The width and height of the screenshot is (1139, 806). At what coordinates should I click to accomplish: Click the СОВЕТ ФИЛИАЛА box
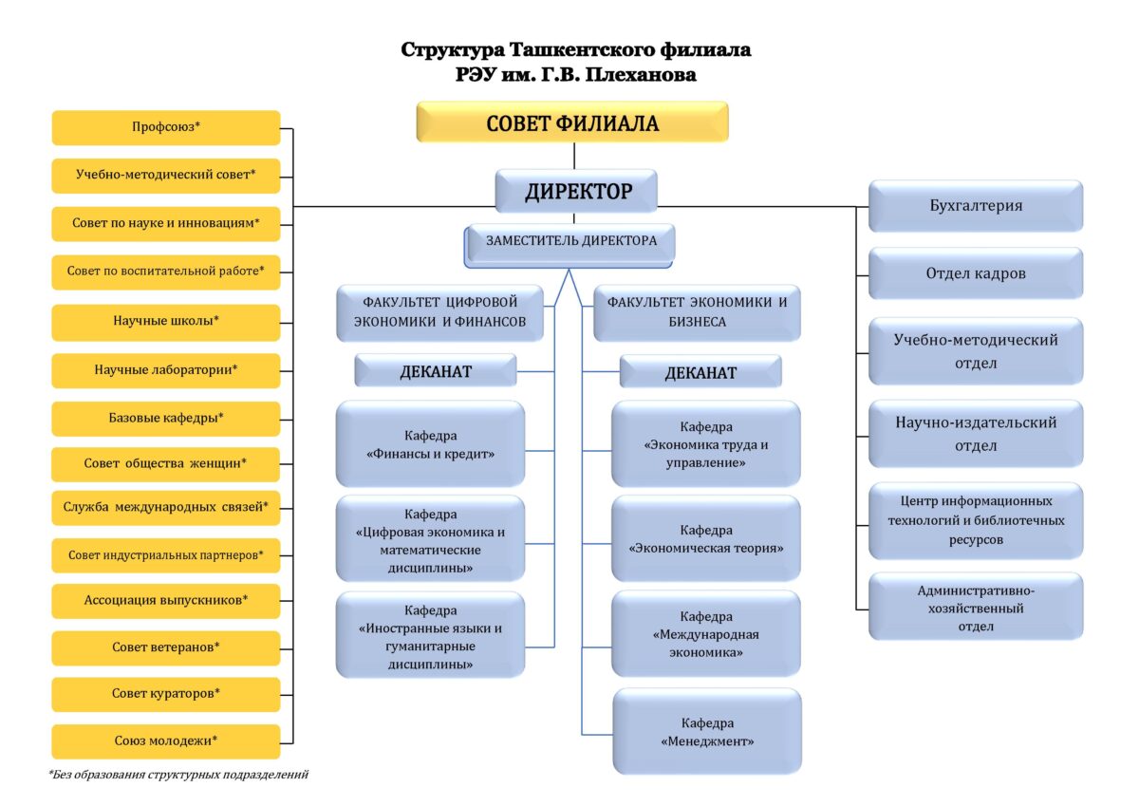[572, 122]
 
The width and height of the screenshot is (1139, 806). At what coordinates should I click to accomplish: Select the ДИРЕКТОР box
[577, 192]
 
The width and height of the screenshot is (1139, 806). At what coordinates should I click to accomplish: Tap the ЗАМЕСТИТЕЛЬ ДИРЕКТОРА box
[570, 242]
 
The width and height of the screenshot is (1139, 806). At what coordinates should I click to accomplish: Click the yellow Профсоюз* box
[166, 127]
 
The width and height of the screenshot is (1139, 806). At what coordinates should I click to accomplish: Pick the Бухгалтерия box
[976, 205]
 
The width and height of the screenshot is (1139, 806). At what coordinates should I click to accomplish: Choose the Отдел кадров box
[976, 273]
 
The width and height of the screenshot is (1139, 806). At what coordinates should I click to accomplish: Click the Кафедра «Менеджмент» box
[706, 731]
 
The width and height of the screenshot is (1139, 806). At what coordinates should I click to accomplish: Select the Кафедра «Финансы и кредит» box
[430, 444]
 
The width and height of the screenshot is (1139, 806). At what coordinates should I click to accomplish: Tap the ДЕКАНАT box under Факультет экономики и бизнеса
[700, 372]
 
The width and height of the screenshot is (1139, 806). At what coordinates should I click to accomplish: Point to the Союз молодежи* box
[166, 740]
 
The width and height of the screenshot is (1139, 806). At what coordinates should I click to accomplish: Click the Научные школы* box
[166, 321]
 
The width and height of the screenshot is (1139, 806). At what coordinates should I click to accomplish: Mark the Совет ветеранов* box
[166, 647]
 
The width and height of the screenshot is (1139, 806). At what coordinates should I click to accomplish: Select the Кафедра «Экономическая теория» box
[706, 538]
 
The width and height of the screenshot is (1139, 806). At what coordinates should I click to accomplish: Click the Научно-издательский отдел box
[976, 433]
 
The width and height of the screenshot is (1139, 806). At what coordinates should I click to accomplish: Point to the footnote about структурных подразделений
[179, 775]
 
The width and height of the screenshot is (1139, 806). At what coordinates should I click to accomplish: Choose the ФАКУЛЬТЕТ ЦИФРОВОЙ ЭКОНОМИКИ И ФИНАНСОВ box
[439, 312]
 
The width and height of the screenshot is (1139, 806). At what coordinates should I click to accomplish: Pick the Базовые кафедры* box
[166, 417]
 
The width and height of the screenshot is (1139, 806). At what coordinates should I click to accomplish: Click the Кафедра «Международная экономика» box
[706, 634]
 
